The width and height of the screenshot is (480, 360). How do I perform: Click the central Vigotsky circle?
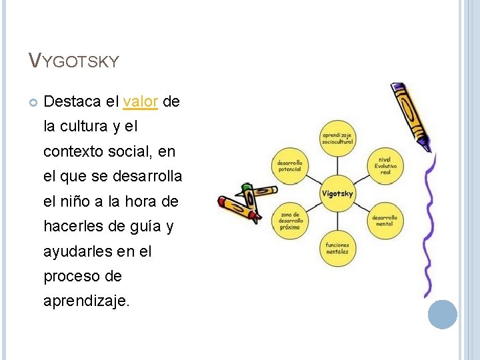point(338,194)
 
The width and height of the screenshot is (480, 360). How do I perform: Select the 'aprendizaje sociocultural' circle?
point(337,139)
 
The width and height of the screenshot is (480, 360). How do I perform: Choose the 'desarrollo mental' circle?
point(385,221)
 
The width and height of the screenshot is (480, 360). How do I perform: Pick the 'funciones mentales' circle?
point(337,249)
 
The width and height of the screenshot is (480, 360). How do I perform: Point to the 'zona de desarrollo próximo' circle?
point(290,221)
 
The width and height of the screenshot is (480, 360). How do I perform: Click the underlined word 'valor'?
point(141,101)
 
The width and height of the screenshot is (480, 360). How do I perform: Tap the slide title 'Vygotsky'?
point(74,61)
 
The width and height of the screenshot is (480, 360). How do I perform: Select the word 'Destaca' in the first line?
point(72,101)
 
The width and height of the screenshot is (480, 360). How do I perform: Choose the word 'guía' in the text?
point(141,227)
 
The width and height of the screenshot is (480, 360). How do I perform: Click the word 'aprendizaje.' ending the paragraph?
point(87,301)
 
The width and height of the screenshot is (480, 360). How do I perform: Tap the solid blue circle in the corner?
point(443,314)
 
